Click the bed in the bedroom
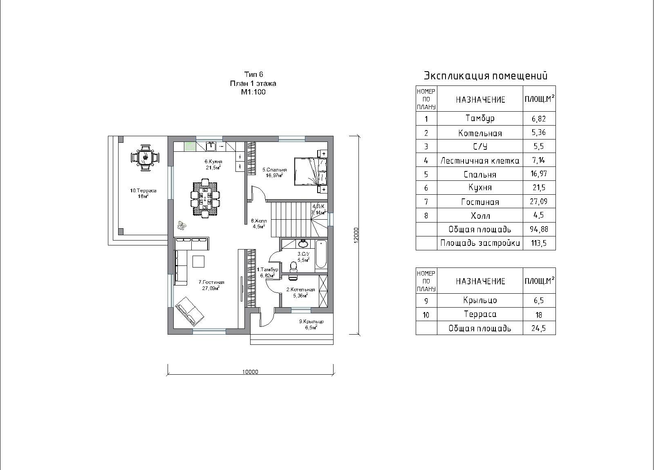pyautogui.click(x=310, y=171)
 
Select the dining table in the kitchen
pyautogui.click(x=205, y=198)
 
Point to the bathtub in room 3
pyautogui.click(x=321, y=254)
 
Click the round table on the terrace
pyautogui.click(x=145, y=158)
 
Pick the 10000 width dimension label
pyautogui.click(x=250, y=372)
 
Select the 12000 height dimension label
pyautogui.click(x=356, y=235)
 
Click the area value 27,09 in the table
pyautogui.click(x=539, y=201)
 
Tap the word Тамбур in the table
pyautogui.click(x=480, y=118)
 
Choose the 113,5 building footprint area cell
pyautogui.click(x=539, y=243)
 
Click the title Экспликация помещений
pyautogui.click(x=486, y=76)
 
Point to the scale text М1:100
pyautogui.click(x=253, y=92)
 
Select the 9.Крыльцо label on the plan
pyautogui.click(x=311, y=322)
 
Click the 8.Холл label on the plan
pyautogui.click(x=259, y=221)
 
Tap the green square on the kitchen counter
pyautogui.click(x=190, y=146)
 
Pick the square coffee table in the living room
pyautogui.click(x=199, y=261)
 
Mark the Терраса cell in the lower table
pyautogui.click(x=480, y=314)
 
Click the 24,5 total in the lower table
pyautogui.click(x=539, y=328)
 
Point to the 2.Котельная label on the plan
pyautogui.click(x=300, y=290)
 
